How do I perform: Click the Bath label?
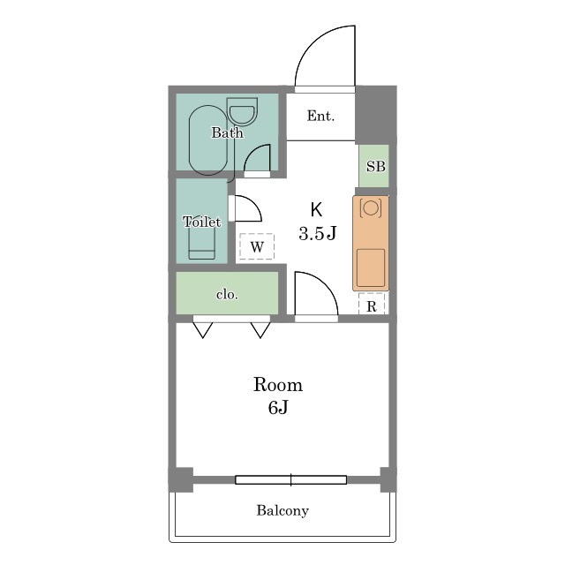(x=227, y=133)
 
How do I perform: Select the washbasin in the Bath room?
(x=243, y=111)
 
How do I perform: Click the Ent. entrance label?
(x=320, y=116)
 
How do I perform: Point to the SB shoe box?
(x=374, y=166)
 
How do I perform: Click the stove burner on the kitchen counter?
(x=371, y=207)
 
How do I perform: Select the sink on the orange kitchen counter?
(x=371, y=267)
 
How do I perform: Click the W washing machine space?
(x=257, y=246)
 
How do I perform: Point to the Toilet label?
(x=202, y=222)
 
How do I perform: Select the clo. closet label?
(x=227, y=295)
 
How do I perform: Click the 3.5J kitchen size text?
(x=317, y=233)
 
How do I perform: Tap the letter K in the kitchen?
(x=316, y=210)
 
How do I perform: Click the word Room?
(x=278, y=385)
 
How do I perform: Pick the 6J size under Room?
(x=278, y=408)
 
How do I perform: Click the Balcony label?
(x=282, y=511)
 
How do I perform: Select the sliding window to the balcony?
(x=290, y=480)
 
